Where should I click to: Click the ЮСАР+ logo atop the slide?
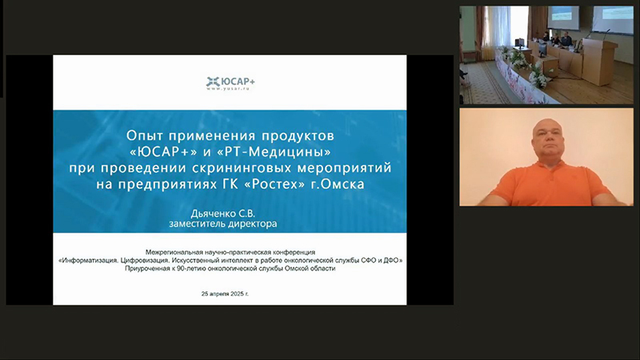230,83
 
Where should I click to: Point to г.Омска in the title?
338,184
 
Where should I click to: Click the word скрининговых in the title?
242,168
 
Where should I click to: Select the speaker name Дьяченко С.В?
223,214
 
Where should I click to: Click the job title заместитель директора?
223,224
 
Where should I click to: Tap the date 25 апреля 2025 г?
225,294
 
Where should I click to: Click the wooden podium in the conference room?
599,62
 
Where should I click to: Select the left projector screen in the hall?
563,17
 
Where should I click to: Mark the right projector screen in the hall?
612,19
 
